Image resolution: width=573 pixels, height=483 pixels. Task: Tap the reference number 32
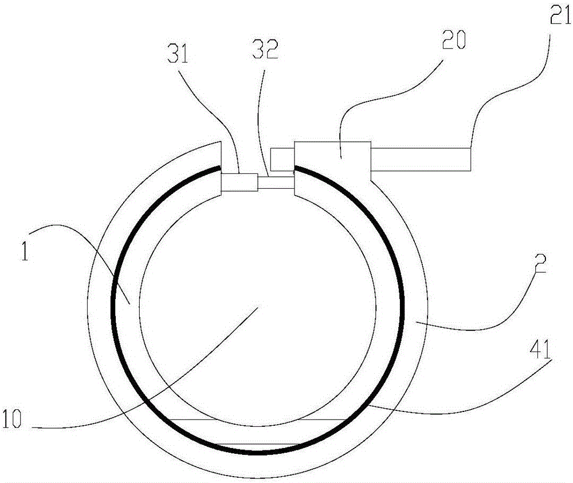[x=265, y=49]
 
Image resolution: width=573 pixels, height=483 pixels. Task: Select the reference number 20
[x=453, y=40]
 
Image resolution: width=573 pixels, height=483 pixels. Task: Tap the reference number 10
[x=11, y=418]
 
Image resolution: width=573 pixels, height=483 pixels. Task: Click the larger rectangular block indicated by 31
[x=240, y=182]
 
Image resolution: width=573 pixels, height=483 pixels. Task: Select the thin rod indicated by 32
[x=276, y=183]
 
